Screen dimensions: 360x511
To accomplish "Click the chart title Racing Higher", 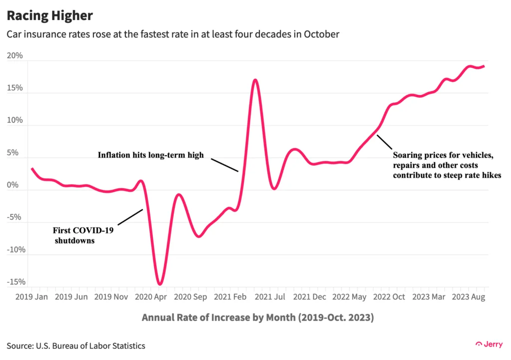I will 49,15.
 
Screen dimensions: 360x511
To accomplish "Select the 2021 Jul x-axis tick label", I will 274,297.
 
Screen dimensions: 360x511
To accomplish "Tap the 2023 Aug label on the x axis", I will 469,297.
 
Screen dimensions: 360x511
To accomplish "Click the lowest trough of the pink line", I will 160,284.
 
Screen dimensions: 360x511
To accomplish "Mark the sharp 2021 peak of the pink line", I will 255,80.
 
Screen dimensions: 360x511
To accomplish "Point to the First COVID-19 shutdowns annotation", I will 80,235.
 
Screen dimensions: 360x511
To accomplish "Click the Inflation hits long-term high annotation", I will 150,155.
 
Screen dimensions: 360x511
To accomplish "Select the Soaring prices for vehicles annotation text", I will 446,165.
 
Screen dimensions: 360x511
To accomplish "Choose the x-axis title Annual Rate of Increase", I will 257,317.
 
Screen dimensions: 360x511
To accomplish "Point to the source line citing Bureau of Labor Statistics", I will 76,345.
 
